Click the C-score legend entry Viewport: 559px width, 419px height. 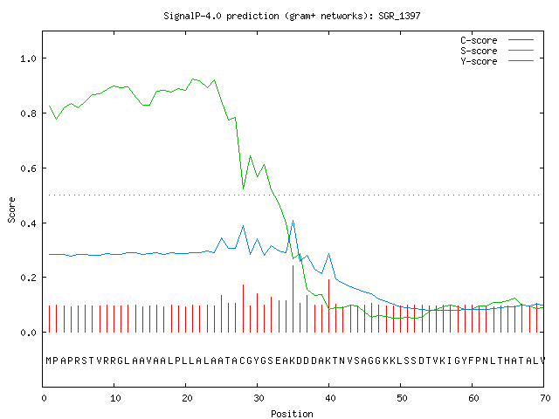pos(497,40)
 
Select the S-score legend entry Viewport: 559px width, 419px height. pos(497,51)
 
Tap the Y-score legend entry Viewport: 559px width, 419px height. pos(497,61)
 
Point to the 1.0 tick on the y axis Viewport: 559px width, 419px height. pos(28,58)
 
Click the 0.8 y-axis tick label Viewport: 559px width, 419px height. pos(28,113)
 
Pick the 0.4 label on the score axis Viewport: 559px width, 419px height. pos(28,223)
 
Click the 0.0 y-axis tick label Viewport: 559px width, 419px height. pos(28,333)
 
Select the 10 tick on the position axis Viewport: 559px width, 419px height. pos(114,398)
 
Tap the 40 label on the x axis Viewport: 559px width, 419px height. pos(330,398)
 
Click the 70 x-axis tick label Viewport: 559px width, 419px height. pos(545,398)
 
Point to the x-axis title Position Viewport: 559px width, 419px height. pos(292,414)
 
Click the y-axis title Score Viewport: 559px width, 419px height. pos(11,209)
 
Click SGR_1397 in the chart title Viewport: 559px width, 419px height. pos(399,16)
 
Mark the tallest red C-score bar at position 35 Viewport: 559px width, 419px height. pos(293,299)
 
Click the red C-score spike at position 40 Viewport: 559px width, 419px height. pos(328,306)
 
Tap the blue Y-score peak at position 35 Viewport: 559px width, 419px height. pos(293,221)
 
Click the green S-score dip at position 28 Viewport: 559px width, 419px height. pos(243,189)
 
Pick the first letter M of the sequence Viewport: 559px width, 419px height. pos(49,361)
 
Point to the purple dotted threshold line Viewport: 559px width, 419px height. pos(294,195)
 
